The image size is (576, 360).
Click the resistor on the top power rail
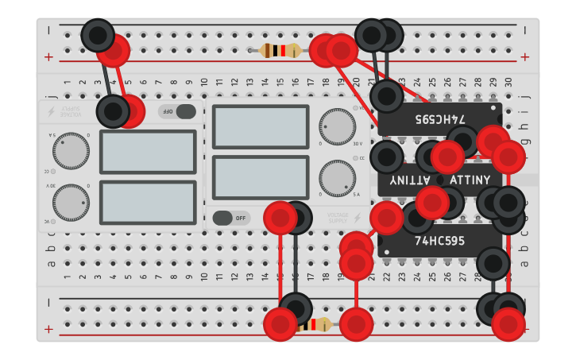(x=280, y=51)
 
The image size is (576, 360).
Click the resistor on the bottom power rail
(x=318, y=324)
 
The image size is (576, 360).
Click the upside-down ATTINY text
(x=408, y=180)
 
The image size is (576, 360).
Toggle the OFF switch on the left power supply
(x=176, y=111)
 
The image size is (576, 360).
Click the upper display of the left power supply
(x=148, y=152)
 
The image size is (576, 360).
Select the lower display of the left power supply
(x=148, y=203)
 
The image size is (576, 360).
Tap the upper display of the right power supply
(x=261, y=126)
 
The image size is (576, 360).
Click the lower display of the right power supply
(x=261, y=177)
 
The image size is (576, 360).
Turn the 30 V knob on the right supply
(x=338, y=127)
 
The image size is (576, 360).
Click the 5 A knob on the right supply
(x=338, y=178)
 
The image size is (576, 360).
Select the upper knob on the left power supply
(x=71, y=151)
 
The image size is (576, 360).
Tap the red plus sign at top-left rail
(x=49, y=56)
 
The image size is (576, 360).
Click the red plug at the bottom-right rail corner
(x=508, y=324)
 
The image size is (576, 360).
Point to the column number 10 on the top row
(x=204, y=82)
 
